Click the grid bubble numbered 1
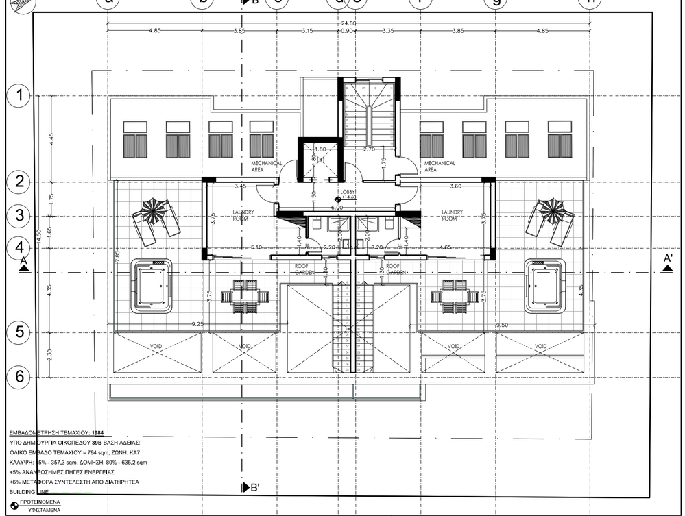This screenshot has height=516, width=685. point(19,95)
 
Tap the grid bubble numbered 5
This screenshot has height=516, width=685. point(19,332)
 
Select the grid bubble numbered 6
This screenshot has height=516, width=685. point(19,376)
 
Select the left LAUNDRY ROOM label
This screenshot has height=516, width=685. point(243,215)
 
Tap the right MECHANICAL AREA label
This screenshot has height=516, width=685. point(440,167)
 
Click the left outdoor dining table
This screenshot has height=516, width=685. point(243,295)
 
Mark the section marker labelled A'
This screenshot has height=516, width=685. point(667,262)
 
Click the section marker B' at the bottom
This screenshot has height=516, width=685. point(250,488)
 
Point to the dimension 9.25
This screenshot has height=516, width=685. point(197,323)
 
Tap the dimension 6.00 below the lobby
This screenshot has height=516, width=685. point(337,207)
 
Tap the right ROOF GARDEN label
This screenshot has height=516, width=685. point(393,269)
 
